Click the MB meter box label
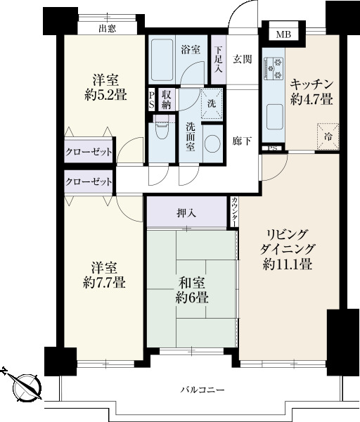coord(283,34)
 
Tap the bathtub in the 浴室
coord(162,60)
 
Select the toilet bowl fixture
coord(162,129)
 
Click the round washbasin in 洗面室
coord(212,143)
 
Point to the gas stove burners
coord(274,68)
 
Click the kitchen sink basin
coord(275,117)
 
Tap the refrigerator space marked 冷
coord(328,136)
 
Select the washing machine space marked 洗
coord(212,103)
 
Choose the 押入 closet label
coord(186,213)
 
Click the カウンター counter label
coord(235,212)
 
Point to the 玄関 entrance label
coord(243,59)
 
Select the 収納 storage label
coord(166,99)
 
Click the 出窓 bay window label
coord(108,28)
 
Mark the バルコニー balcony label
coord(202,390)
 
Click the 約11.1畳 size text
coord(288,264)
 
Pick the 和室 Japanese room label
coord(192,283)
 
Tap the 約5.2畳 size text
coord(105,95)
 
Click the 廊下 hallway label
coord(243,141)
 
